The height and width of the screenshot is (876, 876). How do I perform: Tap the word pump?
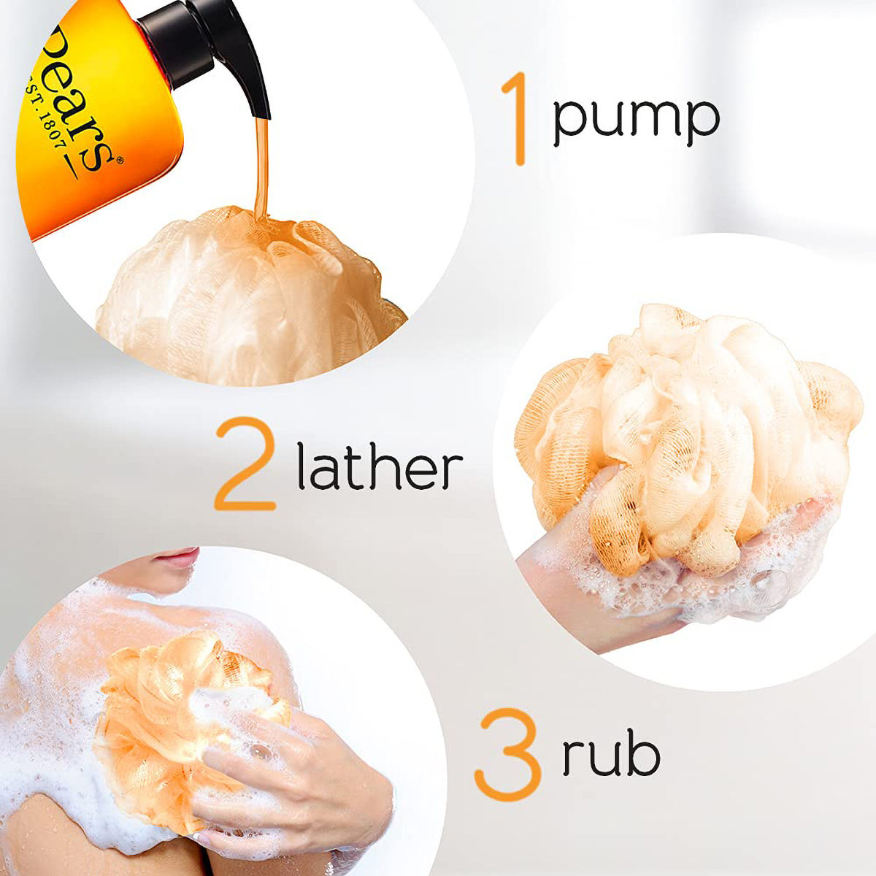(x=635, y=118)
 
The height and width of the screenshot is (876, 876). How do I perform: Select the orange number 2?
(x=244, y=463)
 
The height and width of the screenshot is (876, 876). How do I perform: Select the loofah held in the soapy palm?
(x=686, y=431)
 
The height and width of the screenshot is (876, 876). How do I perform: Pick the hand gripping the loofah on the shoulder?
(x=292, y=774)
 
